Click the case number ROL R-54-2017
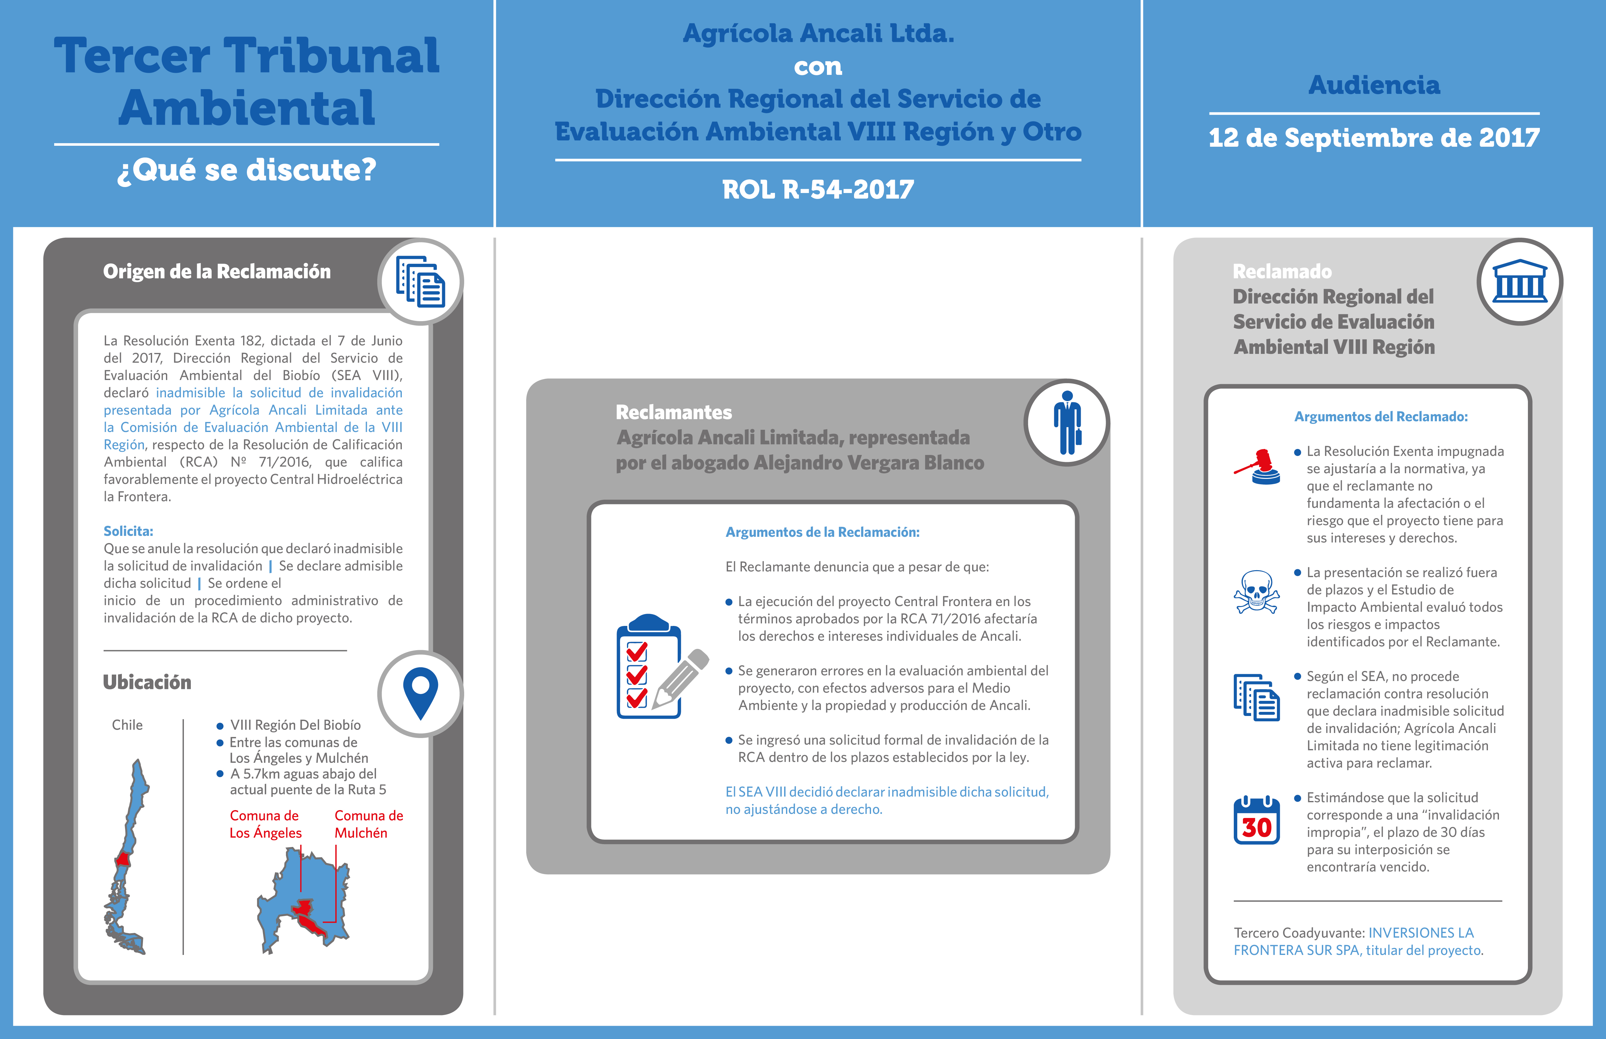[x=818, y=190]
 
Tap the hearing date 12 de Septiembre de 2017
[x=1374, y=138]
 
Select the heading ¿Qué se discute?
[x=246, y=169]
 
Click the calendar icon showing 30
[x=1256, y=820]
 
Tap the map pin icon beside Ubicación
[x=420, y=693]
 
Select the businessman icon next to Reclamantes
[x=1067, y=423]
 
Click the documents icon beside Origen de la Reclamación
[x=420, y=281]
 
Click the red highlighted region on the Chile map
[x=123, y=859]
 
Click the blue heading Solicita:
[x=128, y=531]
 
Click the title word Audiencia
[x=1374, y=85]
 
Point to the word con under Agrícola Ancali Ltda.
[x=818, y=67]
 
